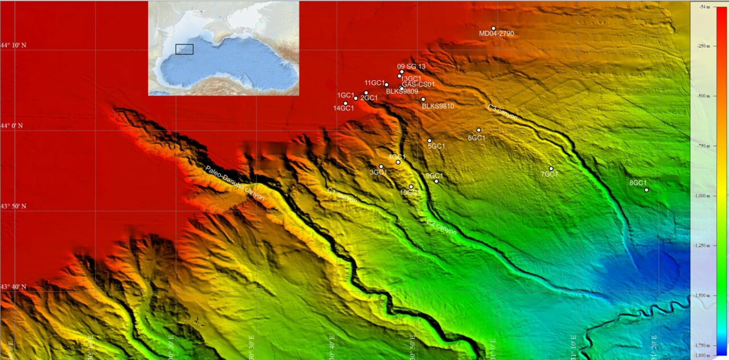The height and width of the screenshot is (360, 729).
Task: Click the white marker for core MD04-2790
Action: pyautogui.click(x=493, y=28)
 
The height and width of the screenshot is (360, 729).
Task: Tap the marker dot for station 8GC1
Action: pyautogui.click(x=646, y=190)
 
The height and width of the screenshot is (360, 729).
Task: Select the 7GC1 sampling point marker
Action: pyautogui.click(x=551, y=168)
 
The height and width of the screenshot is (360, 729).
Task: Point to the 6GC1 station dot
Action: pyautogui.click(x=479, y=130)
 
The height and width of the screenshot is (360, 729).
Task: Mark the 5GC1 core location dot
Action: pyautogui.click(x=429, y=140)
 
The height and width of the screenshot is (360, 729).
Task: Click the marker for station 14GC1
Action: pyautogui.click(x=346, y=103)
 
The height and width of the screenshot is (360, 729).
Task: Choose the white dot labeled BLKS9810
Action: pyautogui.click(x=423, y=99)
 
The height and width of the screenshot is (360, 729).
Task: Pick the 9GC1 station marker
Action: pyautogui.click(x=436, y=181)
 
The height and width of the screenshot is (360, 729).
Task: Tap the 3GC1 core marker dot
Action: pyautogui.click(x=381, y=166)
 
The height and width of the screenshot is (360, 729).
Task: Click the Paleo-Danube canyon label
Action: pyautogui.click(x=235, y=183)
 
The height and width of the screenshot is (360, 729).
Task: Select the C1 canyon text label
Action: pyautogui.click(x=342, y=196)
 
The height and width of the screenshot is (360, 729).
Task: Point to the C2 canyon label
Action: pyautogui.click(x=441, y=226)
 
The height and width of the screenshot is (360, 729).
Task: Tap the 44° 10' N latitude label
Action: pyautogui.click(x=13, y=45)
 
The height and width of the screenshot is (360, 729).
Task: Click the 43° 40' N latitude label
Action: pyautogui.click(x=13, y=287)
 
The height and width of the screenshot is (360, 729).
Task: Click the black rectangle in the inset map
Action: pyautogui.click(x=185, y=49)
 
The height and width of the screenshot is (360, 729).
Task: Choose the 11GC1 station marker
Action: pyautogui.click(x=387, y=85)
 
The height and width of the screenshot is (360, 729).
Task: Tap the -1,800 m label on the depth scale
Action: pyautogui.click(x=704, y=355)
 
